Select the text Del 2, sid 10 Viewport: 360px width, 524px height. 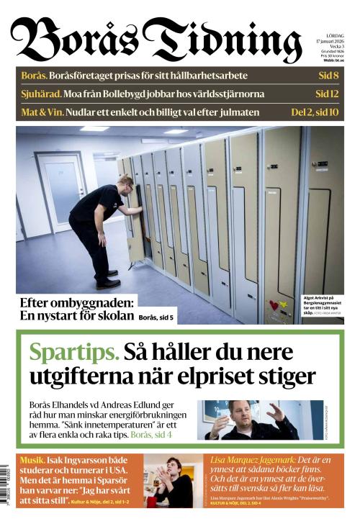point(315,112)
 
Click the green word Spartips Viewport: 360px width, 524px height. point(73,353)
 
